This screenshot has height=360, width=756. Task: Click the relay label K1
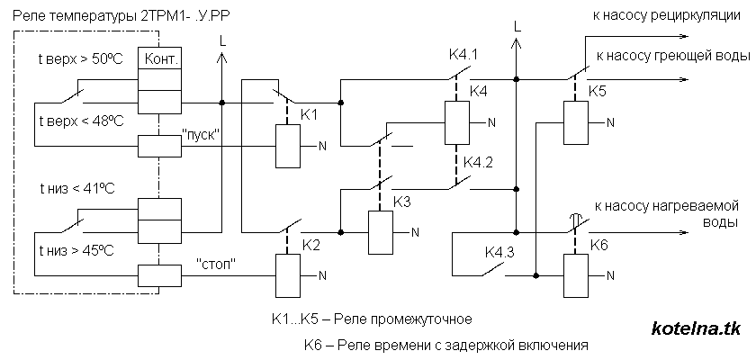309,115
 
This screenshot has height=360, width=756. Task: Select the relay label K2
311,244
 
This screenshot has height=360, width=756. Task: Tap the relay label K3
401,202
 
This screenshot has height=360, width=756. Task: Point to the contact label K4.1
462,56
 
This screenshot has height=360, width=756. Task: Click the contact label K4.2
478,162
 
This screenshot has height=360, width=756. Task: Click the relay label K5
598,91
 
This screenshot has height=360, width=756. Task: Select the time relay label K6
599,244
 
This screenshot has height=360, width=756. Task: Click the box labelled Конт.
158,58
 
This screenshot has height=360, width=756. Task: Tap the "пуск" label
202,133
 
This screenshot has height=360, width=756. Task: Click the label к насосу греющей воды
670,55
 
